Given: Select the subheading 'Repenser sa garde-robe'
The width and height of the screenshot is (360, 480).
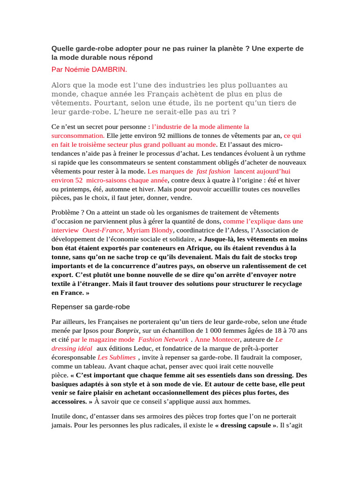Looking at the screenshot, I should click(90, 307).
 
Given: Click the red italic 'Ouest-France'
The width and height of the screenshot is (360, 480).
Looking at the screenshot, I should click(103, 230).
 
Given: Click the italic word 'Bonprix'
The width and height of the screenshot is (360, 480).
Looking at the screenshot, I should click(127, 330).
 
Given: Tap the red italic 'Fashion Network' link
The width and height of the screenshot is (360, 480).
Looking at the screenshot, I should click(163, 339).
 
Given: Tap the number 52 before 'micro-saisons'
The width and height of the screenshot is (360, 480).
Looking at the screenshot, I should click(79, 180).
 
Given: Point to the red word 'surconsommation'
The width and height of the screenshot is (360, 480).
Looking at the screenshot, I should click(78, 135).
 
